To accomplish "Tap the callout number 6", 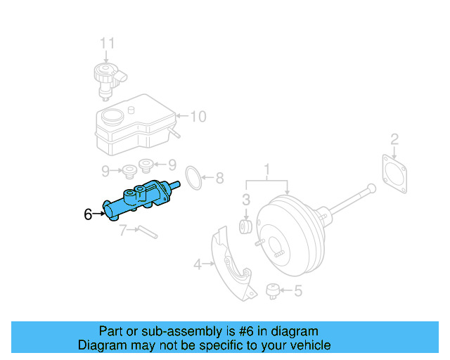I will (88, 214).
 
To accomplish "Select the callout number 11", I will (106, 44).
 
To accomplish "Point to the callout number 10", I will (198, 116).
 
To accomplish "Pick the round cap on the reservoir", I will (110, 116).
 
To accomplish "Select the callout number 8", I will (219, 179).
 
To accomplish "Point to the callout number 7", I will (122, 230).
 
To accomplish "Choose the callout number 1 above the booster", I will (267, 169).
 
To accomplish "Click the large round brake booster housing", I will (288, 232).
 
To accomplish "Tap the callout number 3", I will (247, 199).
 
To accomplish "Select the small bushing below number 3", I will (247, 226).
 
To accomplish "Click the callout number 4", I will (198, 264).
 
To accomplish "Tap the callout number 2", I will (394, 139).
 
